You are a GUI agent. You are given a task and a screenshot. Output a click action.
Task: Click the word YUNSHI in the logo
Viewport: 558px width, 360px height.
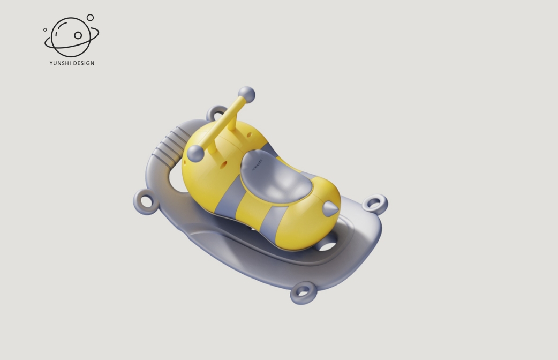[60, 63]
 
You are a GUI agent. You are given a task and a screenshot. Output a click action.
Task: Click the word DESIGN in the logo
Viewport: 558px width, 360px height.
[84, 63]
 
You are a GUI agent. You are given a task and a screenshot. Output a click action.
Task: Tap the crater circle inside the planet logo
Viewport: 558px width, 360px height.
[78, 35]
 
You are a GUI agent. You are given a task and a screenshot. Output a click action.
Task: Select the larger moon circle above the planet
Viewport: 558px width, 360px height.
[90, 18]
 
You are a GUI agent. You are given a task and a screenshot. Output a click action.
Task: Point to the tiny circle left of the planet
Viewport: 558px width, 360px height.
[45, 30]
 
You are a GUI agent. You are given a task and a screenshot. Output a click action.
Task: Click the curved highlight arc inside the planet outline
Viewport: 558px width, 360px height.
[57, 33]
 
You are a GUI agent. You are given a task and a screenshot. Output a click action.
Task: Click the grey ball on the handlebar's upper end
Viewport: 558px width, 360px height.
[246, 95]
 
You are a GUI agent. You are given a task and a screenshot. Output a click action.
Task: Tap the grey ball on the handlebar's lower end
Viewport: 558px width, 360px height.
[195, 153]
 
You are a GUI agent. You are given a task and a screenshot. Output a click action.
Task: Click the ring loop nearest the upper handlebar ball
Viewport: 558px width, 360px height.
[216, 114]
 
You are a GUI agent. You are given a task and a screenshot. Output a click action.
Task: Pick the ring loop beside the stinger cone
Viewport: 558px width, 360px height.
[375, 204]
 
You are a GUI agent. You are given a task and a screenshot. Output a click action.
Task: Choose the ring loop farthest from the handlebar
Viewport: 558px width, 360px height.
[303, 292]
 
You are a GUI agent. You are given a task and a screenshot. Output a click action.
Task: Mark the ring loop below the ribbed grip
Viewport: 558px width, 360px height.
[145, 202]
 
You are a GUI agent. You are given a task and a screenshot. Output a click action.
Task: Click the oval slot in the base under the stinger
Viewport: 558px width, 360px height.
[327, 247]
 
